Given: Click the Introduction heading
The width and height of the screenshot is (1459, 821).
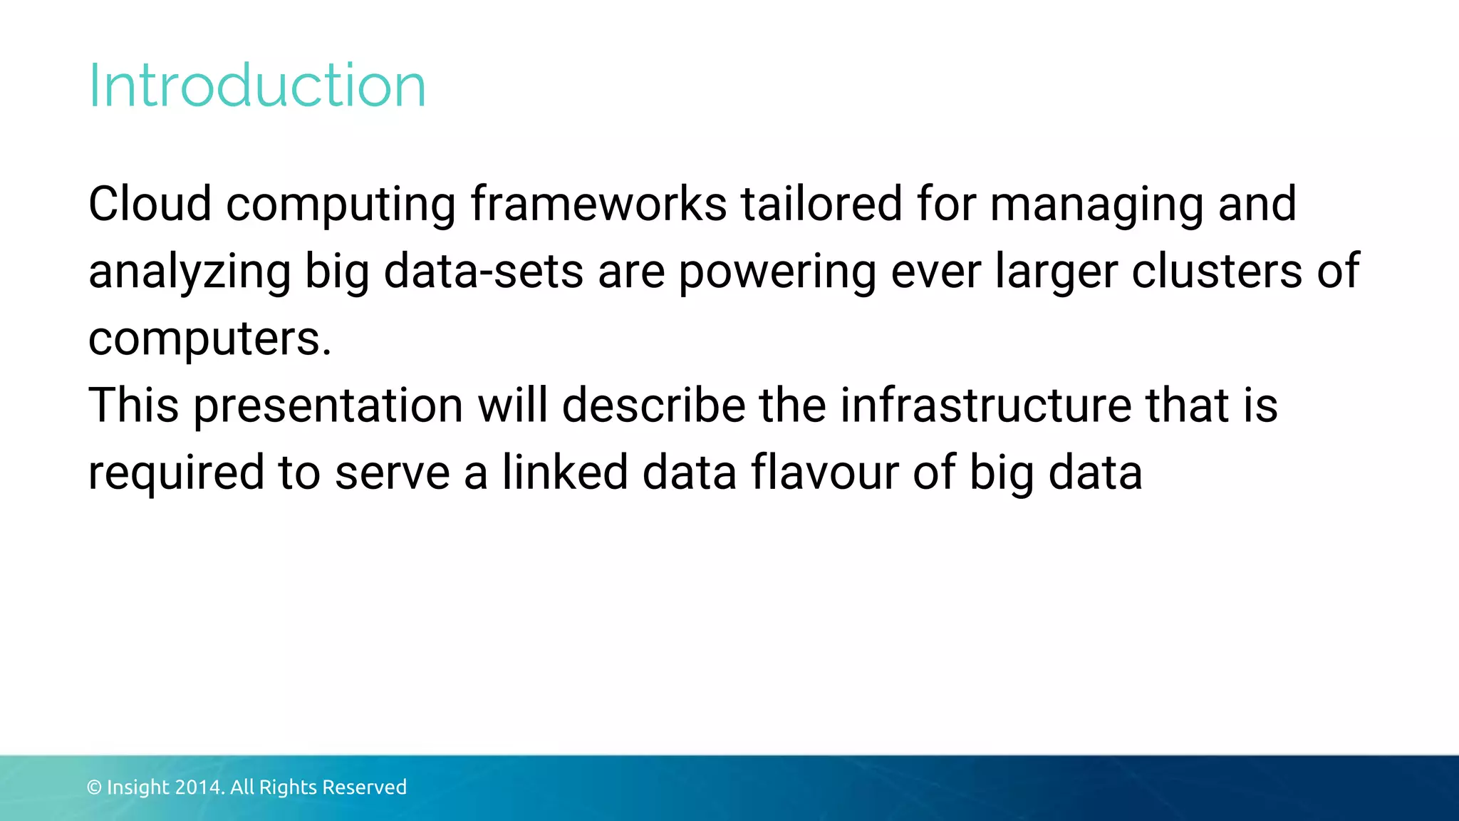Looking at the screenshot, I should coord(257,86).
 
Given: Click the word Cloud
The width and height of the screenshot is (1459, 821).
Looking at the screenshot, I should coord(150,204).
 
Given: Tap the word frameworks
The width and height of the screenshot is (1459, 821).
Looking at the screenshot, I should coord(598,204).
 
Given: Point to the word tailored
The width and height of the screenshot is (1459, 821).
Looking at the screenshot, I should coord(821,204).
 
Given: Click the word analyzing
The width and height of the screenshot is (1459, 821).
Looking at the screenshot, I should coord(189,274).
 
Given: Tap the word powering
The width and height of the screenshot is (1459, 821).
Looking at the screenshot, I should coord(777,274).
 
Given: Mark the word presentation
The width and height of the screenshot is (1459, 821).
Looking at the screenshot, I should coord(328,406).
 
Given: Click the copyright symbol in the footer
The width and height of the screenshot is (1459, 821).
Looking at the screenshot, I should coord(94,788).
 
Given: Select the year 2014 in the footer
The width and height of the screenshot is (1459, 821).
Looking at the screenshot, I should coord(199,788).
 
